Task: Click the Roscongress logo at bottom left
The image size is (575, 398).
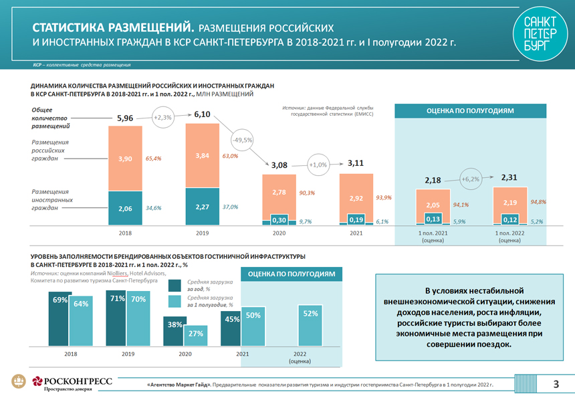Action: pyautogui.click(x=64, y=383)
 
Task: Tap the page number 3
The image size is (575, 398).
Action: pyautogui.click(x=556, y=384)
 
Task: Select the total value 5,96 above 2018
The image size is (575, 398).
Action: pyautogui.click(x=125, y=118)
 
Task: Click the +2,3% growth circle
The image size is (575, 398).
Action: pyautogui.click(x=162, y=118)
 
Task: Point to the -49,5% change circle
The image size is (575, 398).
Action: pyautogui.click(x=241, y=140)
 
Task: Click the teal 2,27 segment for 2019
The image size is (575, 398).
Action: pyautogui.click(x=203, y=207)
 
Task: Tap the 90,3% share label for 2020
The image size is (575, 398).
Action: pyautogui.click(x=306, y=193)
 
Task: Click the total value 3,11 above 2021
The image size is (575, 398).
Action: pyautogui.click(x=356, y=163)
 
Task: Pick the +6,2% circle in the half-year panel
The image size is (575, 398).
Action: pyautogui.click(x=471, y=179)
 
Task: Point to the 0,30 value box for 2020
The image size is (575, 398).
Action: pyautogui.click(x=279, y=220)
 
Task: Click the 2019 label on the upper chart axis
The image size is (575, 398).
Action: pyautogui.click(x=203, y=233)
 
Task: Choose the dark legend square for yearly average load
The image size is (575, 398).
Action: pyautogui.click(x=175, y=286)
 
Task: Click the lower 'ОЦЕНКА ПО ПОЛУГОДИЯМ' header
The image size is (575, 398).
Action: pyautogui.click(x=292, y=274)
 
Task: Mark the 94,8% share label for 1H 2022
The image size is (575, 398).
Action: pyautogui.click(x=538, y=201)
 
